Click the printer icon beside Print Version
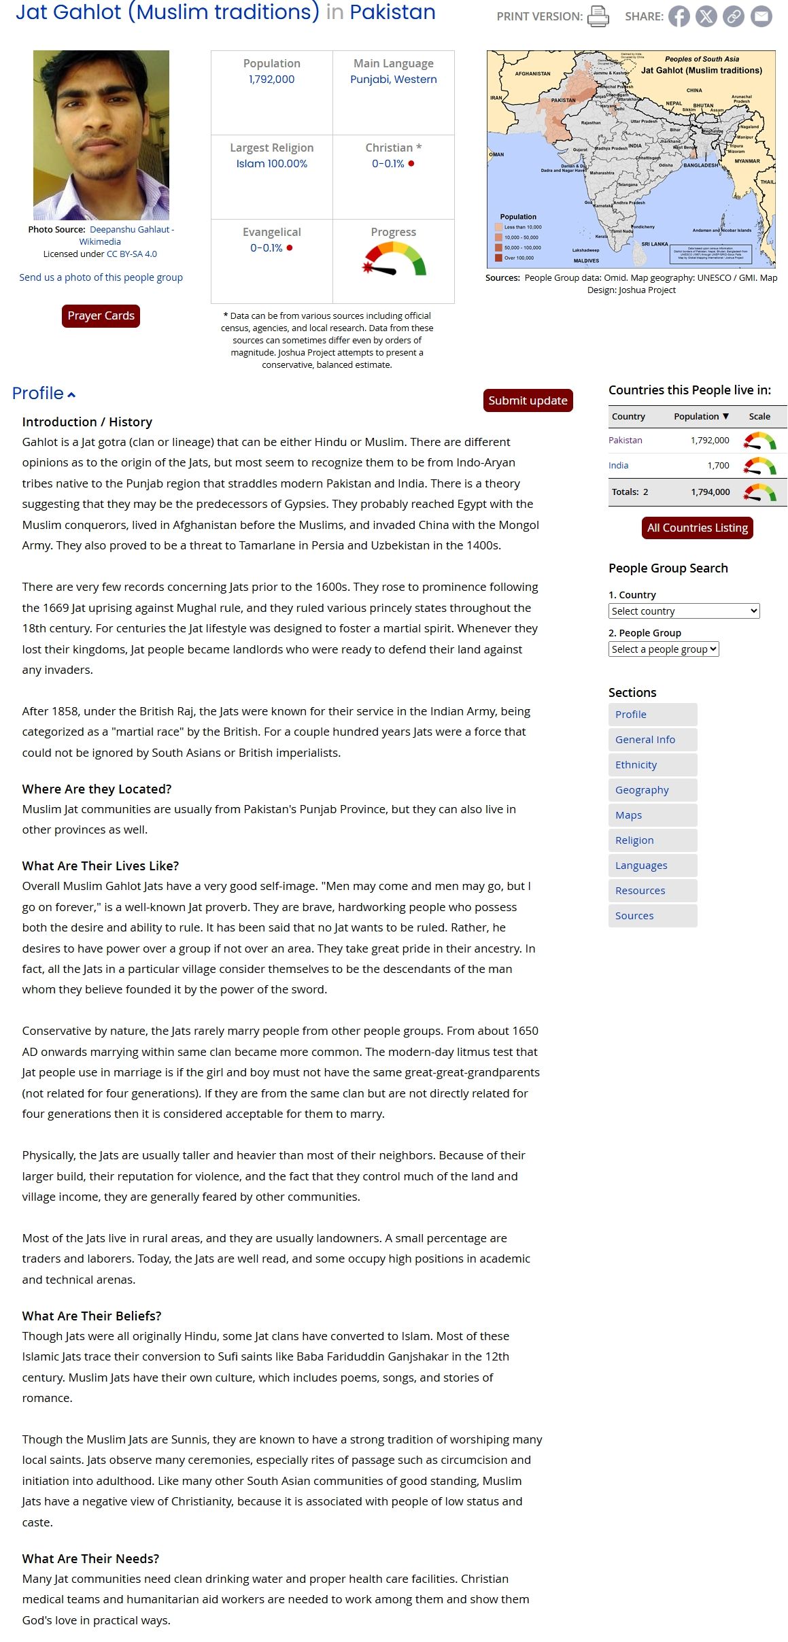pos(598,16)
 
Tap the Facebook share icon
pos(679,16)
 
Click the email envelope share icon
pos(761,16)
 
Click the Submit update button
pos(528,400)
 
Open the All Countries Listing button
pos(697,528)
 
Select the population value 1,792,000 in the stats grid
pos(271,80)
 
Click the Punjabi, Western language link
pos(393,80)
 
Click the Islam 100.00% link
pos(271,164)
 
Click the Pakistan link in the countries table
pos(625,441)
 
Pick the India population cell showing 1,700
pos(718,466)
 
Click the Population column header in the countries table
pos(700,416)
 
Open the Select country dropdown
pos(683,611)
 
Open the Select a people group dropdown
pos(663,649)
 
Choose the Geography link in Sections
pos(642,790)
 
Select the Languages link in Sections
pos(641,866)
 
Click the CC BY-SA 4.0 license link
pos(132,254)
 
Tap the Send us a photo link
pos(101,277)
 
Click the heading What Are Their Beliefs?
pos(91,1316)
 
